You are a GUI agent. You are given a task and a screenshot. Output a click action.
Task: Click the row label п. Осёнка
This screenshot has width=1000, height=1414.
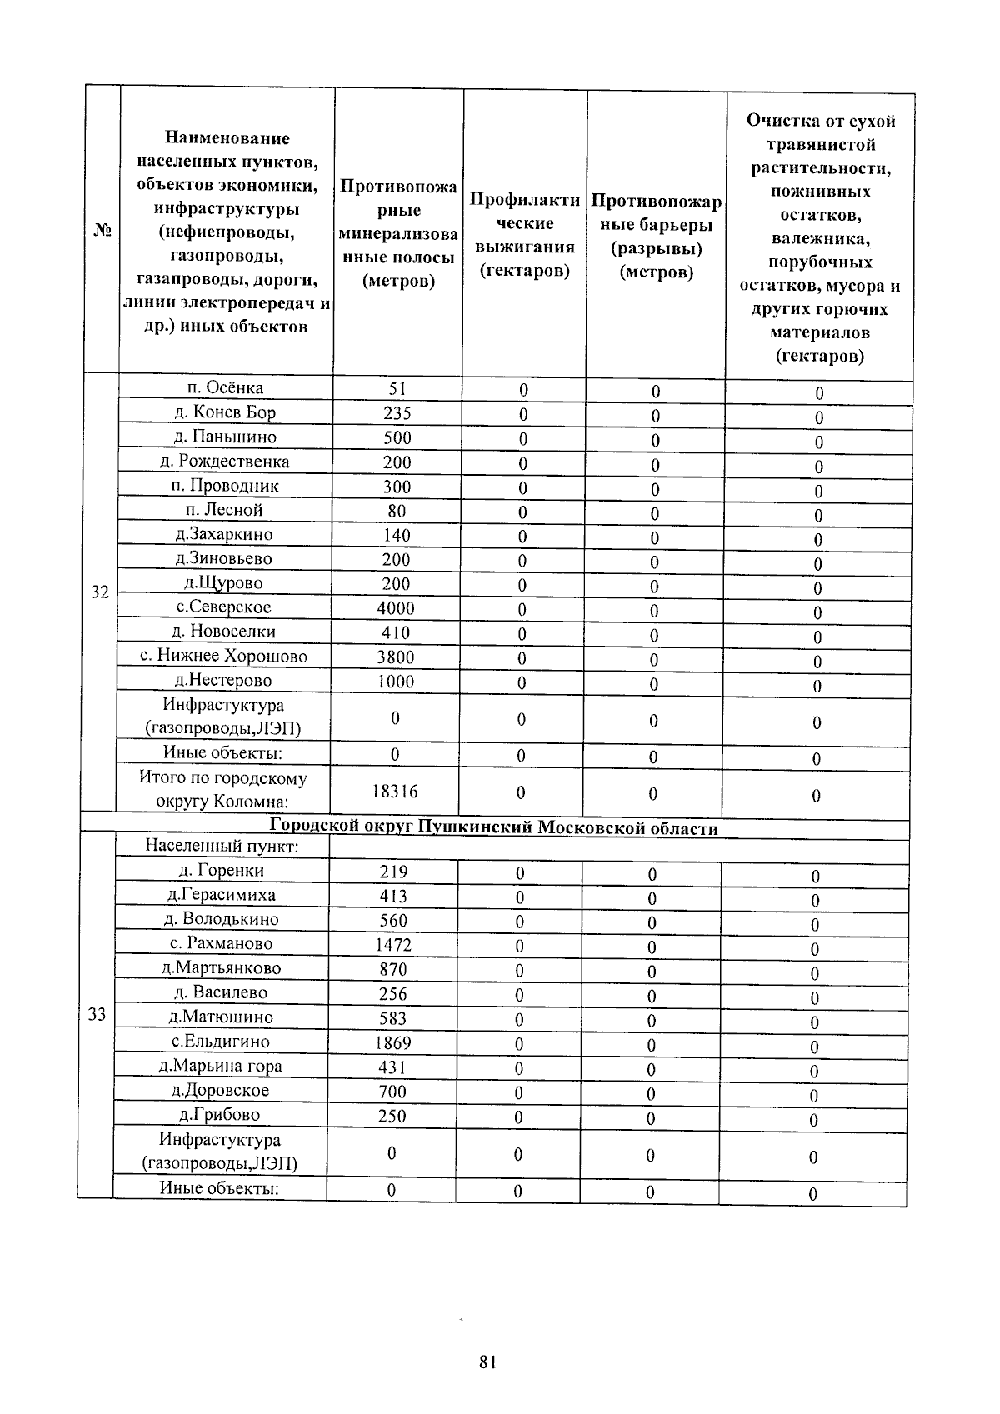point(225,388)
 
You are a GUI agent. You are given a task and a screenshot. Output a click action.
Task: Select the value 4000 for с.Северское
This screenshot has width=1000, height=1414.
point(396,608)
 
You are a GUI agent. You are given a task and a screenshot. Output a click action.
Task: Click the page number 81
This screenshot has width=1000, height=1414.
point(488,1362)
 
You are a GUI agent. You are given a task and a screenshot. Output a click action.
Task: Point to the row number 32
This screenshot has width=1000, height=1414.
point(100,592)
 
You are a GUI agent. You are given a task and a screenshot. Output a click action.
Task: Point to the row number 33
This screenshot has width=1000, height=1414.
point(97,1015)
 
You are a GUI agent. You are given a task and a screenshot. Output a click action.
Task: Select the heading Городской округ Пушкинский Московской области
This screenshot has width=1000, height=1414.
point(494,828)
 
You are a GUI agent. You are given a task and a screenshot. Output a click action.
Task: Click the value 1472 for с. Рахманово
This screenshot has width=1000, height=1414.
point(393,945)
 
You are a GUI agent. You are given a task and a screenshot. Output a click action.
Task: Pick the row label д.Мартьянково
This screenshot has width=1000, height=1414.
point(222,968)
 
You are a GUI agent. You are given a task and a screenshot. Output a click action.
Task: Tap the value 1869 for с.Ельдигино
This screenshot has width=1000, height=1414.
point(392,1042)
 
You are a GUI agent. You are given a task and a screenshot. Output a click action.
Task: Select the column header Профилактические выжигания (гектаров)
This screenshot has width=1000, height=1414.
point(524,235)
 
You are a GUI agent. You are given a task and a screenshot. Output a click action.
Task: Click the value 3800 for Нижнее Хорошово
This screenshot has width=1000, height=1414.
point(395,657)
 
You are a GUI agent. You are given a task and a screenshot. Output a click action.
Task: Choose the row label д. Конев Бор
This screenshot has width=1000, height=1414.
point(225,412)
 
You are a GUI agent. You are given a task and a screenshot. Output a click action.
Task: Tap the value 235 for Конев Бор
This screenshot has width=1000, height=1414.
point(397,413)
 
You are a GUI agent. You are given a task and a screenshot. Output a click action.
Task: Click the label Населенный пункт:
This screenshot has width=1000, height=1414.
point(222,847)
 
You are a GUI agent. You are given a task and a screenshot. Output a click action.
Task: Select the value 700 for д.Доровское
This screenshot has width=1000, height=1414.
point(392,1092)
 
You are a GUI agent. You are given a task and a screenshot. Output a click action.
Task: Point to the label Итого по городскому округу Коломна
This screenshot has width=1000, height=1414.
point(222,790)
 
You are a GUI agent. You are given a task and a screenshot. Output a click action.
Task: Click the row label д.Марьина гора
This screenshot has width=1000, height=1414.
point(221,1066)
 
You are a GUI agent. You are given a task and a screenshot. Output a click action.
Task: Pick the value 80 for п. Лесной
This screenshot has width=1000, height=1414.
point(397,511)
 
